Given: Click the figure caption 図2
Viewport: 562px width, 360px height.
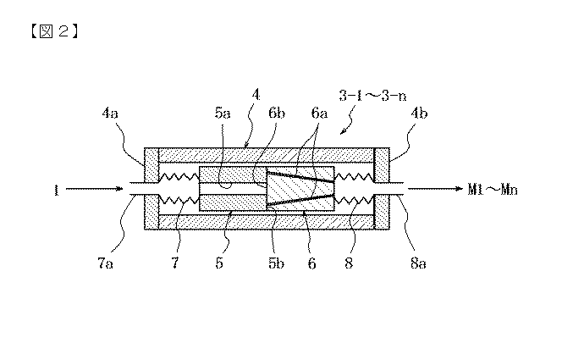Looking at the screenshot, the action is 55,31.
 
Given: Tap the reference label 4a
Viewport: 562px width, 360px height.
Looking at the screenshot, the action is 110,114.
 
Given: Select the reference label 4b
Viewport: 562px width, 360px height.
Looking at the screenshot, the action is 419,114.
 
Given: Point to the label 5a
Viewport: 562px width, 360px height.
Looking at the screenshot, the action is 223,114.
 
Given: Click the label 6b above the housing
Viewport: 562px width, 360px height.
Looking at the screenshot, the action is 277,114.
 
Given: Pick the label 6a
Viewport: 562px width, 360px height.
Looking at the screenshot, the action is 319,114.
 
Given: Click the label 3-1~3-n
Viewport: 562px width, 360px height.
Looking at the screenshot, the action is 372,96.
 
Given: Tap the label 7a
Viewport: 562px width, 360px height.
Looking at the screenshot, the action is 105,263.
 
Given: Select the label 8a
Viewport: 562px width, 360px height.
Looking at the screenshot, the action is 418,263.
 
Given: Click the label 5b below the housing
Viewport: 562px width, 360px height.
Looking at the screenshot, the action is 276,263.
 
